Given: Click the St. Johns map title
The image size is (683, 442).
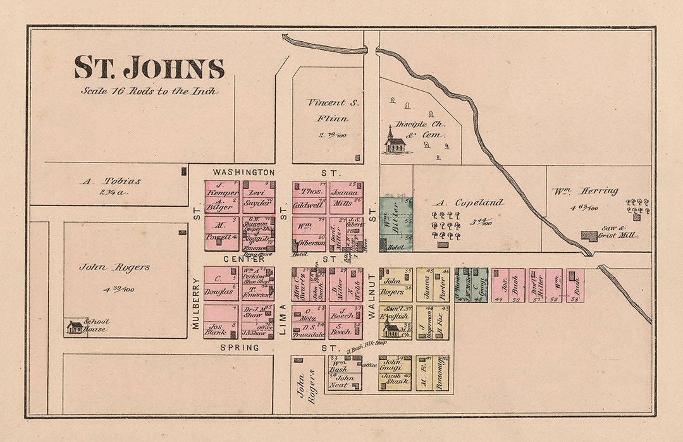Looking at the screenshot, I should click(149, 68).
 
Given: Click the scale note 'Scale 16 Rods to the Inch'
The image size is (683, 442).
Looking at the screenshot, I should click(149, 90).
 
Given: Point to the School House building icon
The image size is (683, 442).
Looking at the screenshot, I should click(75, 327).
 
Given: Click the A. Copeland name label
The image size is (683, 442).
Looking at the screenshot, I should click(469, 203).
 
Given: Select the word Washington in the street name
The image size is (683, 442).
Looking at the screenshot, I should click(243, 172).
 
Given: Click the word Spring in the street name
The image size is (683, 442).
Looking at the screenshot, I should click(240, 348).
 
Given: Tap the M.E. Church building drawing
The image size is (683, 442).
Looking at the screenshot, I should click(391, 329).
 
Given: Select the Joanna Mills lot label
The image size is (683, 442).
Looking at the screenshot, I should click(345, 197).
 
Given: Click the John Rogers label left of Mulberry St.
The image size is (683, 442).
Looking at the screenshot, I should click(114, 267).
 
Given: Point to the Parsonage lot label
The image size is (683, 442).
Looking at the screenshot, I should click(439, 372).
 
